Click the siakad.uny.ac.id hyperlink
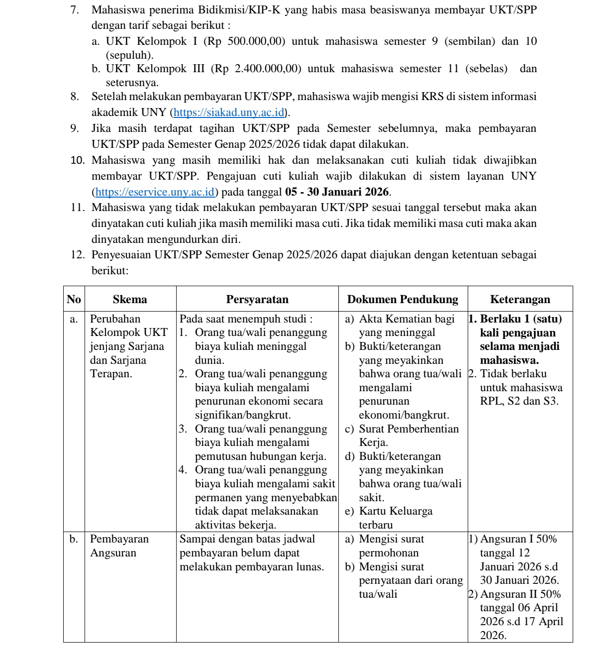click(229, 112)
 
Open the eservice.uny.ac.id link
click(155, 192)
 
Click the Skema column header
click(130, 299)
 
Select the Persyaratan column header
click(257, 299)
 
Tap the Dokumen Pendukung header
click(403, 299)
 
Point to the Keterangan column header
click(520, 299)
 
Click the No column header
click(74, 299)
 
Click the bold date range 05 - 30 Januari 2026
click(337, 192)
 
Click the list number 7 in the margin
click(75, 10)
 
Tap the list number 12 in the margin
click(77, 255)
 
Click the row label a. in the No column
click(74, 319)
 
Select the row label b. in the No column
click(74, 539)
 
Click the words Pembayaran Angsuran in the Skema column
click(119, 546)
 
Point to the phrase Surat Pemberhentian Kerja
click(408, 435)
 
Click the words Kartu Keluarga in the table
click(396, 511)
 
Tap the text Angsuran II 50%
click(520, 594)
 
